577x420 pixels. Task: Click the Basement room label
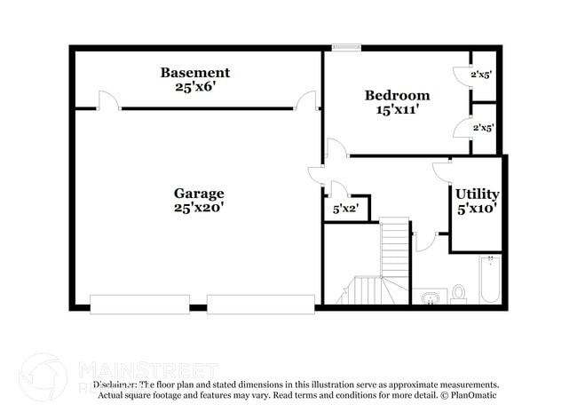click(194, 73)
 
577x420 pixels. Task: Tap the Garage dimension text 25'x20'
click(199, 208)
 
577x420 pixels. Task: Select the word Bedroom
click(397, 95)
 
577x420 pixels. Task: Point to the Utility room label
click(477, 194)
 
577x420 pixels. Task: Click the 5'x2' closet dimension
click(345, 210)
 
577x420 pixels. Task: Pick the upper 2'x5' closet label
click(481, 75)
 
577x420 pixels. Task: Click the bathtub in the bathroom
click(489, 279)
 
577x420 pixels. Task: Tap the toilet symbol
click(459, 292)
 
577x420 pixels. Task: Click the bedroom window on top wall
click(344, 47)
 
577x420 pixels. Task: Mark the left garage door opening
click(139, 304)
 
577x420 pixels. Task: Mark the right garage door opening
click(260, 304)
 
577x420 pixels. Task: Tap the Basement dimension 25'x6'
click(194, 88)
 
